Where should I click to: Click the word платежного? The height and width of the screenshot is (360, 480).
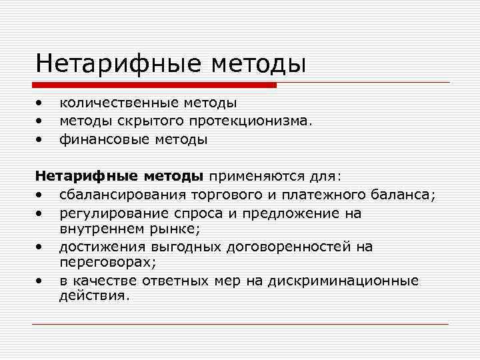point(321,195)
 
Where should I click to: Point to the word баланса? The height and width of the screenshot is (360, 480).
point(402,195)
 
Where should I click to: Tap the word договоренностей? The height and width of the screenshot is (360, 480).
point(283,247)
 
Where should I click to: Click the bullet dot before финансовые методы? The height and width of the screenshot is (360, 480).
point(40,140)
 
